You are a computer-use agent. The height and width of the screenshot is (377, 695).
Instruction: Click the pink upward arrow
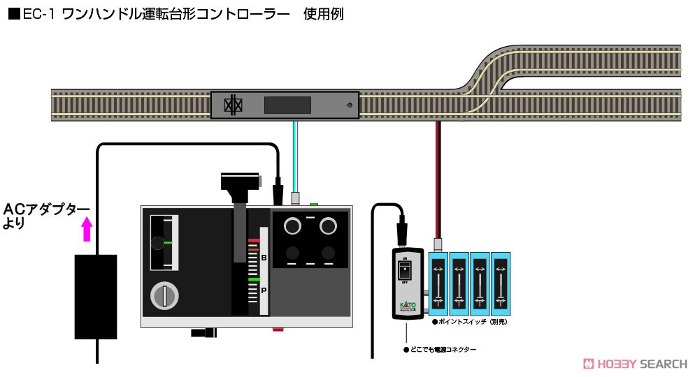coord(87,229)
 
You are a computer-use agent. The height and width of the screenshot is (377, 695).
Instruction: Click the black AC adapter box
coord(96,297)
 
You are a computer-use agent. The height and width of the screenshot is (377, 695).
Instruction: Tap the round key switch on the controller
coord(164,297)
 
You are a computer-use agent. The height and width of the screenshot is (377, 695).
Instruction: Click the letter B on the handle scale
coord(264,258)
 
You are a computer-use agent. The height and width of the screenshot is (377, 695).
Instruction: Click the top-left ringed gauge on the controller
coord(292,226)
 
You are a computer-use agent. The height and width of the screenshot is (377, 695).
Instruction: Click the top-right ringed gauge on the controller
coord(329,226)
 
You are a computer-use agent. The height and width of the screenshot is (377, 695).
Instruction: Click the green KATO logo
coord(407,306)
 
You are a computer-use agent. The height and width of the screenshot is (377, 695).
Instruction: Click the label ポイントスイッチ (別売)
coord(474,323)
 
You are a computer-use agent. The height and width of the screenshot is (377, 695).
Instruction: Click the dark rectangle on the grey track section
coord(287,105)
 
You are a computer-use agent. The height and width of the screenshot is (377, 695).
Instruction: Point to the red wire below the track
coord(438,175)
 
